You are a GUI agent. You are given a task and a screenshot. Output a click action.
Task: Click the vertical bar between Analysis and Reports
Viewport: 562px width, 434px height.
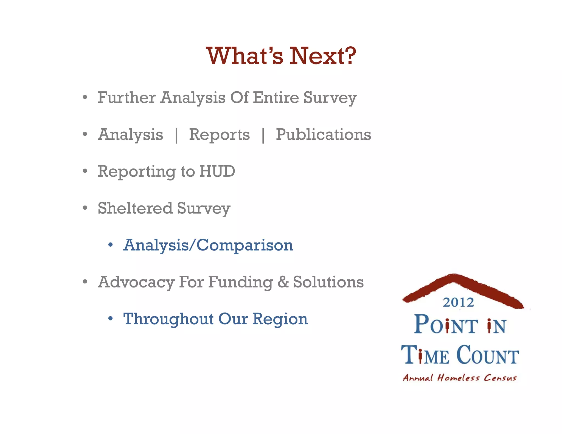[176, 135]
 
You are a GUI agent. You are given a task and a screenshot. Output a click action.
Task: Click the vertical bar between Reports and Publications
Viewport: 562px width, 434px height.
[263, 135]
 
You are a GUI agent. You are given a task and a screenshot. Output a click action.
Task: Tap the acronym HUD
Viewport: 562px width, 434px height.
[217, 171]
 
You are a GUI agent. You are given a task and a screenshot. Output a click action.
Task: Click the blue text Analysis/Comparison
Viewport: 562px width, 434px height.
[208, 245]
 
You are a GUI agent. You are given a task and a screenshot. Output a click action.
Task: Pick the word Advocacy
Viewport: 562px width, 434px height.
[136, 282]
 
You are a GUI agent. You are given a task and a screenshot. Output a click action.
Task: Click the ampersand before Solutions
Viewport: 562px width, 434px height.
[283, 282]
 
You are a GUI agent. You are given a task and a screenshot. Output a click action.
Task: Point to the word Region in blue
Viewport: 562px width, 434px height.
[280, 319]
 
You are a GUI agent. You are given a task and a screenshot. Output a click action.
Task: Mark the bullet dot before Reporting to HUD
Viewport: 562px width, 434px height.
[85, 171]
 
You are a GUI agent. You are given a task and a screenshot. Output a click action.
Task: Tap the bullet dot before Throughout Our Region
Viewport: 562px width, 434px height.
[110, 319]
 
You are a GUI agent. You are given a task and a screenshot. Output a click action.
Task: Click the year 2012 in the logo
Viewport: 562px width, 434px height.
[458, 302]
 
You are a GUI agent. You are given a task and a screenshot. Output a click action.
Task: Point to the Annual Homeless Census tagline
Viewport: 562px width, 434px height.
[460, 378]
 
